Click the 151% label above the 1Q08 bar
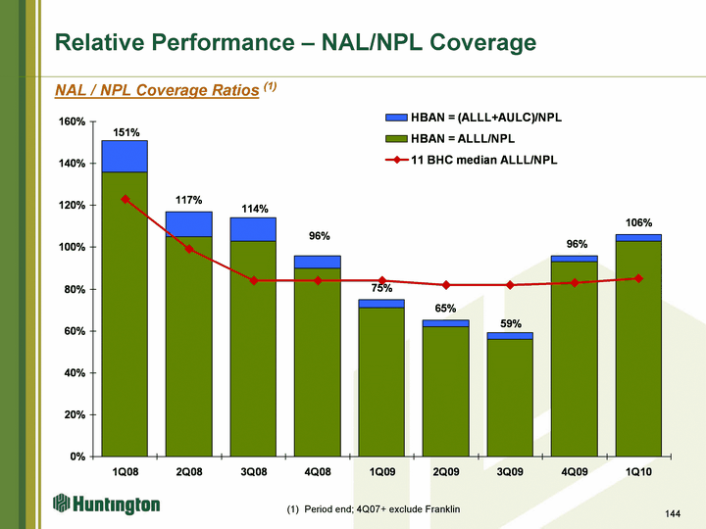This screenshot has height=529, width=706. click(126, 132)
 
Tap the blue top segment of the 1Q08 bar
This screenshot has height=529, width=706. click(125, 156)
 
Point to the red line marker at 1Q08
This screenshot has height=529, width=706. click(125, 199)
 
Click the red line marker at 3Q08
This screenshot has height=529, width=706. click(253, 280)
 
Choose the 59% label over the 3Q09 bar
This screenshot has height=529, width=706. click(511, 324)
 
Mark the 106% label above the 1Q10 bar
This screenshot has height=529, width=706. click(639, 223)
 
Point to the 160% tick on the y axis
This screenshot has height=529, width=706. click(72, 121)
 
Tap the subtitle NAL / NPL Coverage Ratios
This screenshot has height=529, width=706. click(158, 89)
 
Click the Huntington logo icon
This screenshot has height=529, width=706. click(62, 504)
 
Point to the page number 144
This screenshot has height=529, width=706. click(672, 513)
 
